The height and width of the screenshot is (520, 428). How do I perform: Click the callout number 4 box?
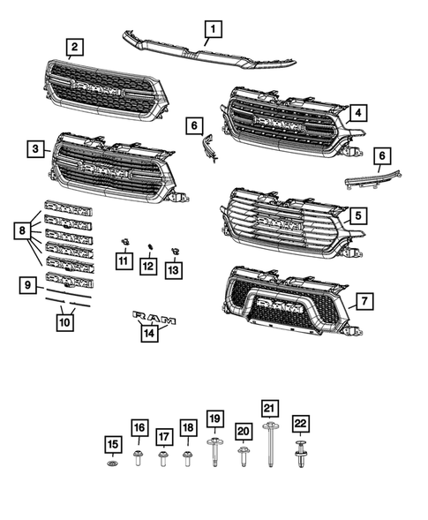click(x=357, y=112)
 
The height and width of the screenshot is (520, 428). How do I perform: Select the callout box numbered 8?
click(x=21, y=231)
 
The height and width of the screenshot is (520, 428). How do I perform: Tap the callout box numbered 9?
click(x=29, y=285)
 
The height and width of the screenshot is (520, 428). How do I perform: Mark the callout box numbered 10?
click(x=64, y=322)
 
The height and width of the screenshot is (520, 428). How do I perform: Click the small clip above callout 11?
click(x=124, y=241)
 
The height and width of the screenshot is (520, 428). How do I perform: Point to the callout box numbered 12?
click(x=149, y=266)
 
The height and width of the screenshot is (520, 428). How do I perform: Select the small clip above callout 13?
click(x=174, y=245)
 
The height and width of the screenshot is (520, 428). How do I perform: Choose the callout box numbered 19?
click(x=214, y=418)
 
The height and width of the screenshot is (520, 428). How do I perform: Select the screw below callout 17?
click(x=163, y=458)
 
